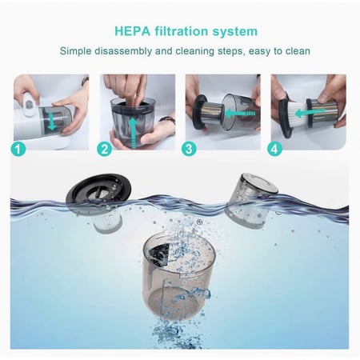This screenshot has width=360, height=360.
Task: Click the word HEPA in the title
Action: tap(132, 31)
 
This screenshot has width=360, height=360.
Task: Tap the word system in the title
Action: tap(235, 32)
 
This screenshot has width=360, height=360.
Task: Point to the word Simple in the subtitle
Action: tap(75, 51)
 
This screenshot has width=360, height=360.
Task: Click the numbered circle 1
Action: tap(18, 149)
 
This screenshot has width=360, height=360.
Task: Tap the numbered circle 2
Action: tap(104, 149)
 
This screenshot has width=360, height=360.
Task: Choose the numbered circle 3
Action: tap(189, 149)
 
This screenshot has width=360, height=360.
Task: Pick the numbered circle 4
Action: tap(274, 149)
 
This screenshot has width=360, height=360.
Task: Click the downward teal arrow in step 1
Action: tap(52, 121)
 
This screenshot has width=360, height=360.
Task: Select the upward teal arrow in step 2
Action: tap(134, 133)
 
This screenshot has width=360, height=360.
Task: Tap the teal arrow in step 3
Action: tap(240, 114)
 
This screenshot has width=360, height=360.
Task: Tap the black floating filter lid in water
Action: tap(98, 189)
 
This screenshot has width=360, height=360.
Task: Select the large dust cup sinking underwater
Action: tap(178, 276)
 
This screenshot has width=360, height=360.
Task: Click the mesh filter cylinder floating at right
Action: tap(250, 201)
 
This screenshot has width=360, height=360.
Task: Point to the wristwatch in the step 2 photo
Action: tap(167, 121)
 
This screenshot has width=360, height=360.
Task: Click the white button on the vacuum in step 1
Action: tap(31, 104)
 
